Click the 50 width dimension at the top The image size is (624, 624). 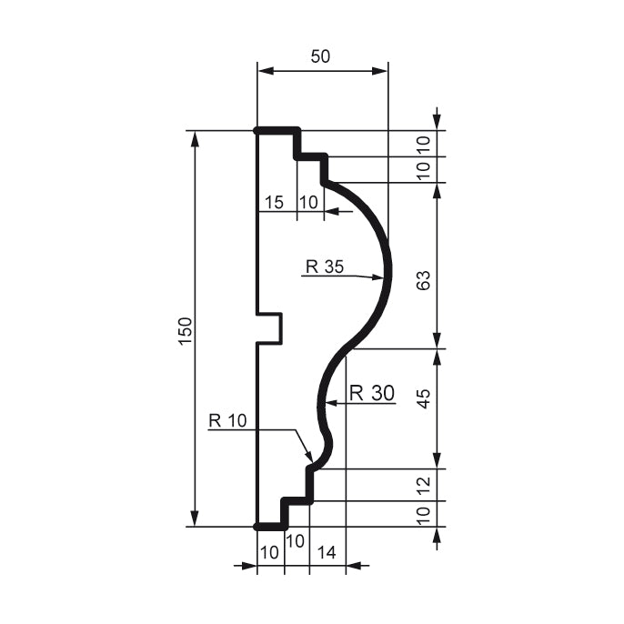pyautogui.click(x=320, y=56)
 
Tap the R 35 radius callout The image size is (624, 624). pyautogui.click(x=325, y=267)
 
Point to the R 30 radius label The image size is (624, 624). pyautogui.click(x=372, y=393)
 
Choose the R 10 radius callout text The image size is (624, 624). pyautogui.click(x=227, y=420)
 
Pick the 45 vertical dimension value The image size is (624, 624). pyautogui.click(x=422, y=398)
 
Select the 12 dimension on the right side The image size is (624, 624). pyautogui.click(x=422, y=485)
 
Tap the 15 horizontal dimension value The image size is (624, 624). pyautogui.click(x=274, y=202)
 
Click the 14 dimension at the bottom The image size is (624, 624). pyautogui.click(x=327, y=551)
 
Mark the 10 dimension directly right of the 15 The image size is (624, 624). pyautogui.click(x=308, y=202)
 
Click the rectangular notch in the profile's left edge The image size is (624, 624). pyautogui.click(x=270, y=328)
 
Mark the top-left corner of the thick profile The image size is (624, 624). pyautogui.click(x=257, y=131)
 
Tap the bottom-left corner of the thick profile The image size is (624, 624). pyautogui.click(x=257, y=527)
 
